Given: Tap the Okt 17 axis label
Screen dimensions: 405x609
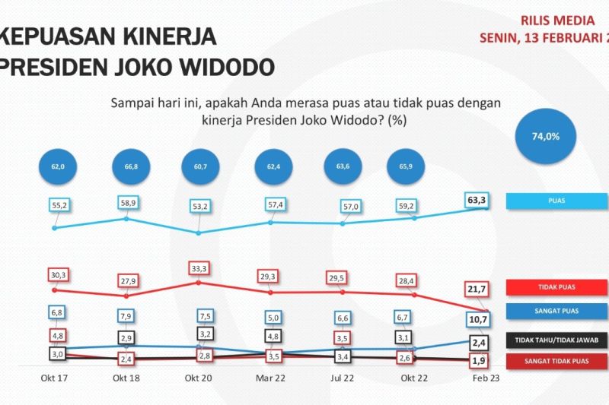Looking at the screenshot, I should click(x=54, y=378).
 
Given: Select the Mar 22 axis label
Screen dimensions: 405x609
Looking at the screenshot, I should click(x=270, y=378).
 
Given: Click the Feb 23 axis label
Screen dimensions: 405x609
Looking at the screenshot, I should click(x=486, y=378).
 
